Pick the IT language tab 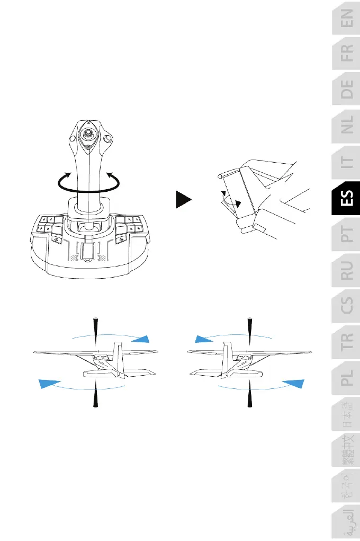pyautogui.click(x=346, y=168)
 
